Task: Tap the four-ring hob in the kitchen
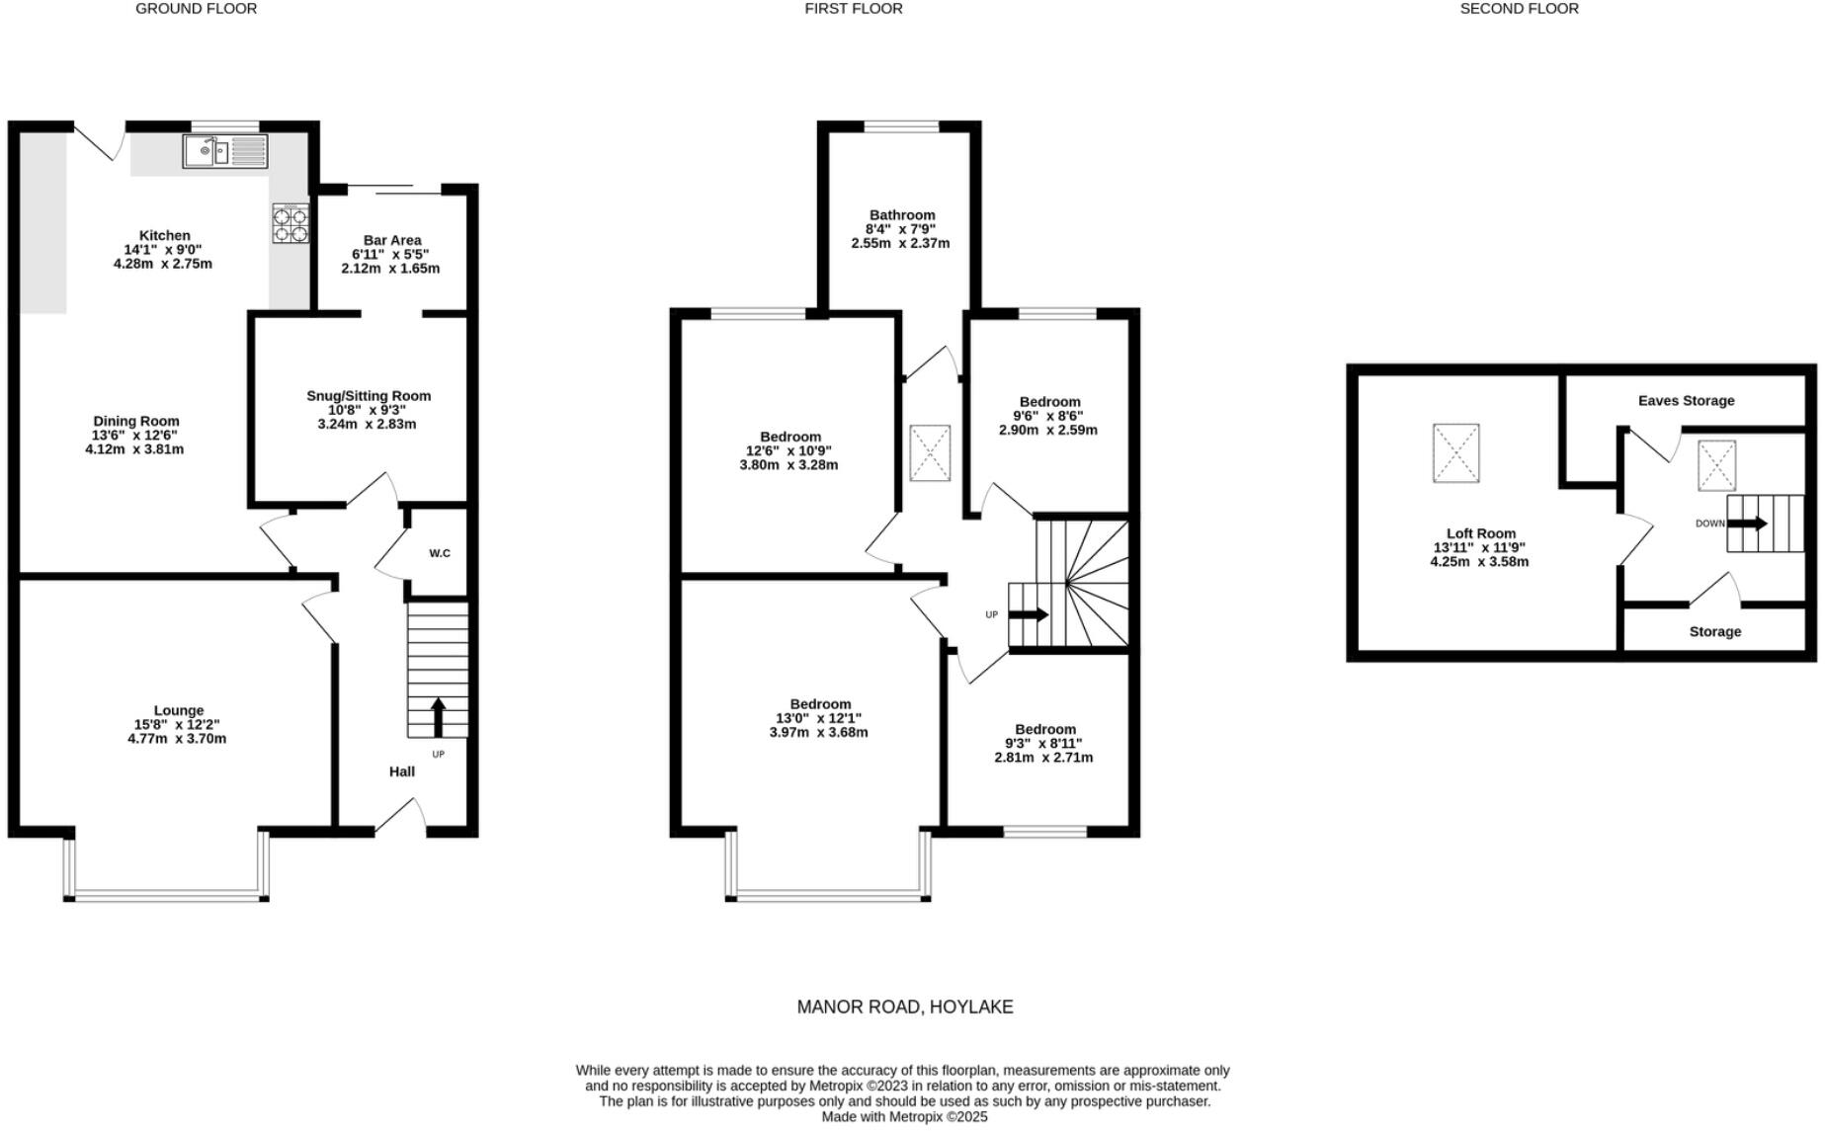click(x=290, y=223)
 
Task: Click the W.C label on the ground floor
click(x=440, y=553)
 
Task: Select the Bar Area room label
click(x=392, y=240)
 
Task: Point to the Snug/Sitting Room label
click(x=369, y=396)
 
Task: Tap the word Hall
click(x=402, y=771)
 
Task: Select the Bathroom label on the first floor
click(x=901, y=215)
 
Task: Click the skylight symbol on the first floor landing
click(x=930, y=453)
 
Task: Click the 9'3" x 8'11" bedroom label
click(x=1044, y=743)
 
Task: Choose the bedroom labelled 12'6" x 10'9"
click(x=789, y=450)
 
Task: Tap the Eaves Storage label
click(x=1686, y=401)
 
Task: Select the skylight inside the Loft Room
click(x=1455, y=453)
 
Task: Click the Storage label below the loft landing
click(x=1714, y=632)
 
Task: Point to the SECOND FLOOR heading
click(x=1519, y=9)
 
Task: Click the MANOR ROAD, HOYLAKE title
click(x=905, y=1008)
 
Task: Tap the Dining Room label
click(x=136, y=421)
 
